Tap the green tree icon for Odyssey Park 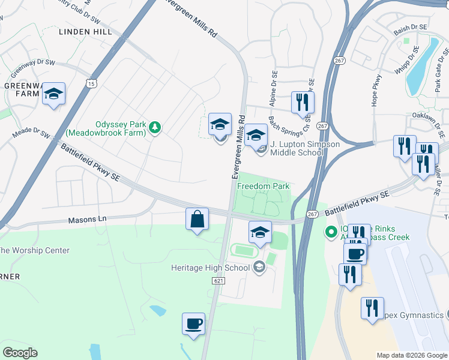pos(155,127)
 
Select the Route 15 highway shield pos(90,84)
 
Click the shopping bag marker pos(197,220)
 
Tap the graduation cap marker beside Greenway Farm pos(54,94)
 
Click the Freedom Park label pos(263,187)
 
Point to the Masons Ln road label pos(86,220)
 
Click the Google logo pos(20,353)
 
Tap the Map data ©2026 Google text pos(412,355)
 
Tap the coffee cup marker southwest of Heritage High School pos(193,324)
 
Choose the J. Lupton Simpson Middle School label pos(304,148)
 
